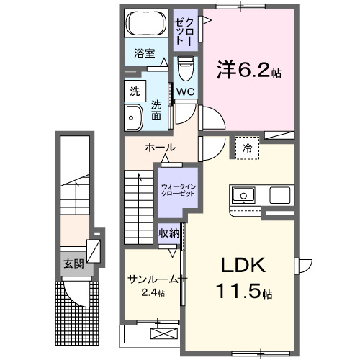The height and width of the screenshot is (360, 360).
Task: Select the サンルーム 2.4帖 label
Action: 152,285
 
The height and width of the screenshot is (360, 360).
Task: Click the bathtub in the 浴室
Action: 145,23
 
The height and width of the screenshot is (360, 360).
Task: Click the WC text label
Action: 184,91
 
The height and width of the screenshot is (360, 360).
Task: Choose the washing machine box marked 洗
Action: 134,91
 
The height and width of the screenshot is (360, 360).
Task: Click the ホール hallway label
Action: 160,148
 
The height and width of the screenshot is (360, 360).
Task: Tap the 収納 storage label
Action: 169,233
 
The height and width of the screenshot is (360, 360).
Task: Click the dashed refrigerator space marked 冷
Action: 247,148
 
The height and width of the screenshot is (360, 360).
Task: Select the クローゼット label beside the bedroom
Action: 183,29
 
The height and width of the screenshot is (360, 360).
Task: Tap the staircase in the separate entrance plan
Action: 72,198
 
